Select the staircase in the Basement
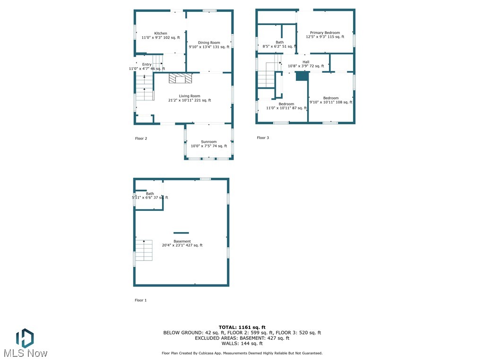(x=144, y=250)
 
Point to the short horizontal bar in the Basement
(x=181, y=233)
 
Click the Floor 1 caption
(x=141, y=300)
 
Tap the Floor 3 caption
(x=263, y=138)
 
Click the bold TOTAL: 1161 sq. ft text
(x=242, y=327)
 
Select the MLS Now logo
(x=25, y=344)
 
